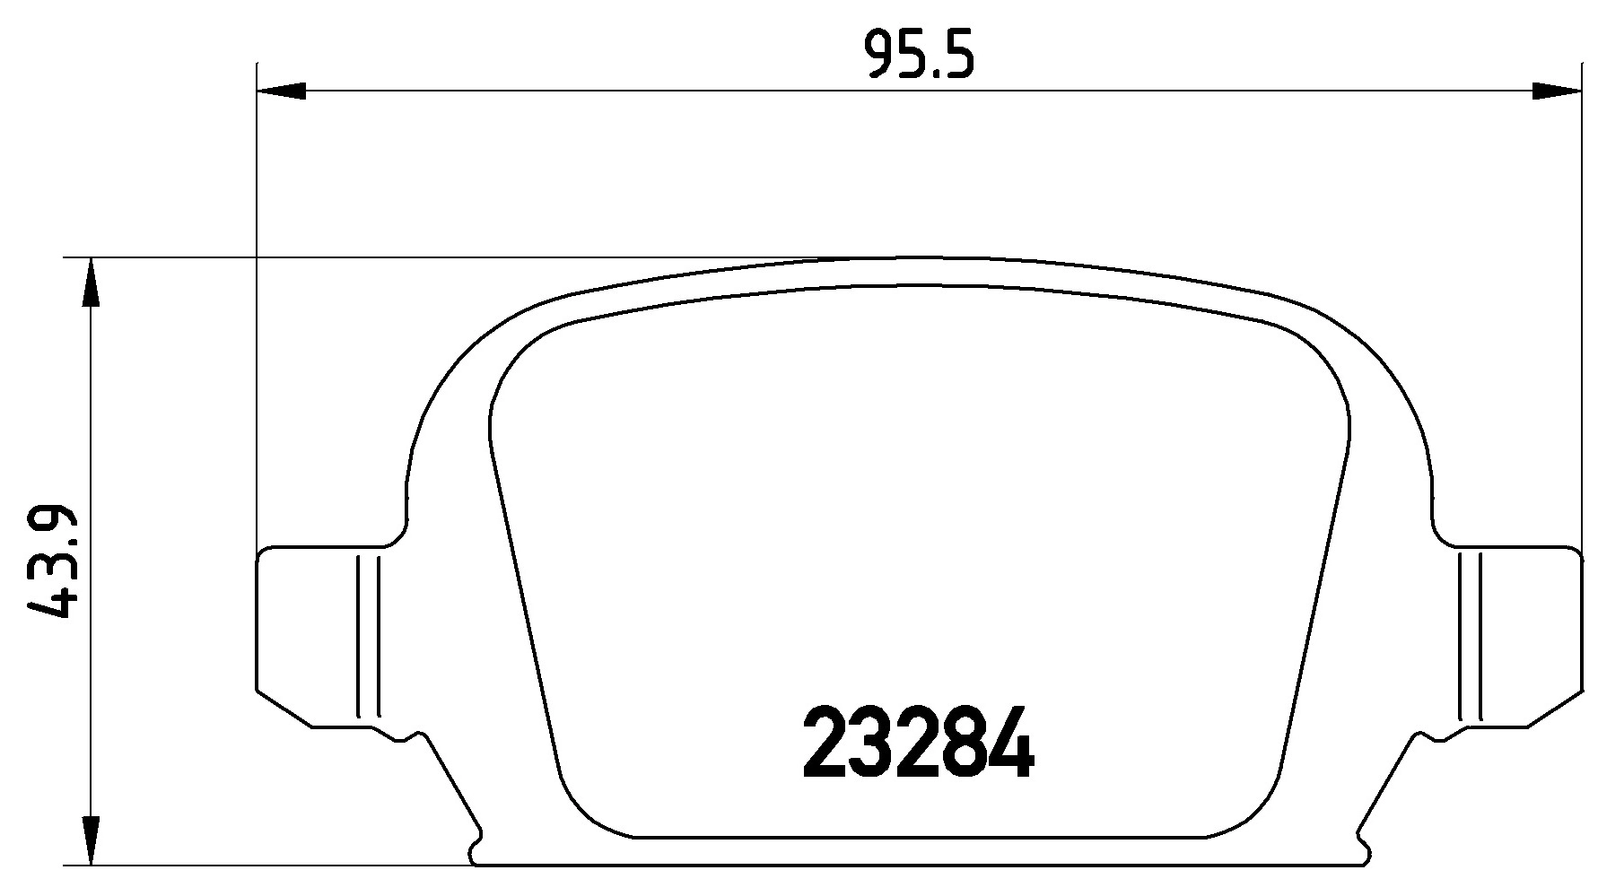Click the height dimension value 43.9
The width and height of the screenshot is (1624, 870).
51,563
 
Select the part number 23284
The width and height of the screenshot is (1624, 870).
919,743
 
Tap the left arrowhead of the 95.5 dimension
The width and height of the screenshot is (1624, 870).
280,91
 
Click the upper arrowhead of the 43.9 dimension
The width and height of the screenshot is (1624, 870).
91,283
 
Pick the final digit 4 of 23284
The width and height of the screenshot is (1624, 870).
1011,743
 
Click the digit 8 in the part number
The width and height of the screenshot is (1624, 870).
965,743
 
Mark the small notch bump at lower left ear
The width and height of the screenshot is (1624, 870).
411,736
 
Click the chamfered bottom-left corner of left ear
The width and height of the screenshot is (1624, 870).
284,709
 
